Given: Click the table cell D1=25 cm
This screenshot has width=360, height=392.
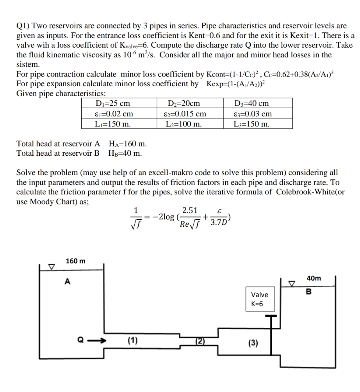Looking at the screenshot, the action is point(113,103).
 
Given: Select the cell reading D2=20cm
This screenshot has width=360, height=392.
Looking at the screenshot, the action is point(184,103).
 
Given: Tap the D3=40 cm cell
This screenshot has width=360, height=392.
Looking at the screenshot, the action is point(252,103).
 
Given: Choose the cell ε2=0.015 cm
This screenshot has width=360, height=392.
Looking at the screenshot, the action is point(184,114).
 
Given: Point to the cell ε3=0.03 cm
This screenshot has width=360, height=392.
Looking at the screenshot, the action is point(253,114).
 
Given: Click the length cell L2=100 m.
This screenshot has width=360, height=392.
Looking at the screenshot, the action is point(184,124).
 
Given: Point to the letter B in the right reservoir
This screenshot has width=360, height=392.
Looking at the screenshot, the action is point(308,291).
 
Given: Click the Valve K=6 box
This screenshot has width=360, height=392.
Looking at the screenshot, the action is point(259,299).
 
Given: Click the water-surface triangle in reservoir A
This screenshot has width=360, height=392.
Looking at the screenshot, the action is point(50,266).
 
